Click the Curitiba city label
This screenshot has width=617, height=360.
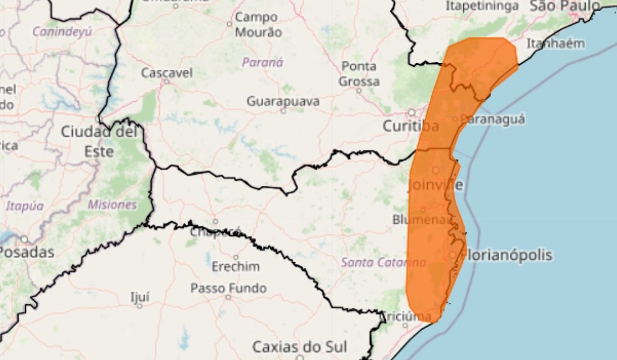coord(410,126)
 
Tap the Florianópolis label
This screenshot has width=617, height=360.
coord(507,255)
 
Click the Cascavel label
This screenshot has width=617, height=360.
coord(167,73)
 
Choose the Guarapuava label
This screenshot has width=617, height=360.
coord(283,101)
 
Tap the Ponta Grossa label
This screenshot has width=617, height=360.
coord(359,74)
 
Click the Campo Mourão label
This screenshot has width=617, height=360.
coord(258,25)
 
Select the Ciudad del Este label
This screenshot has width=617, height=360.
coord(100,140)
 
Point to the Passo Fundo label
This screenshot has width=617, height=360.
coord(228,288)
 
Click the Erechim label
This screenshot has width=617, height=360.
coord(235,267)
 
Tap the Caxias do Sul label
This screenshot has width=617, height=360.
coord(300,346)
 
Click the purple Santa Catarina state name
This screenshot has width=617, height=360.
coord(383,262)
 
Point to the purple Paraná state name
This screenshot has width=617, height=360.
coord(263,63)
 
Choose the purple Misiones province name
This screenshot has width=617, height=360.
coord(112,205)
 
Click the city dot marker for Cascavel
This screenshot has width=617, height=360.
coord(167,81)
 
